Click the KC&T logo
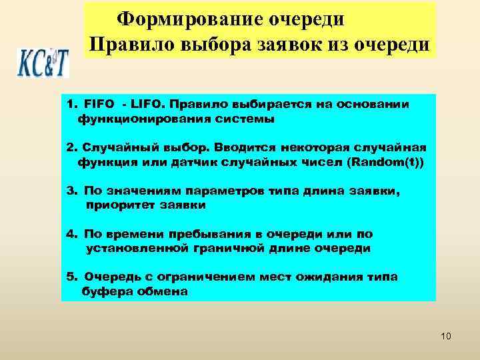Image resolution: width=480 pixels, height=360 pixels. tap(43, 62)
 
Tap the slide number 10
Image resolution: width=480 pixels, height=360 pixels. tap(446, 336)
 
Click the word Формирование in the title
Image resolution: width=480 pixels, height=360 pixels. tap(178, 18)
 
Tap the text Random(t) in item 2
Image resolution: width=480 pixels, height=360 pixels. tap(388, 162)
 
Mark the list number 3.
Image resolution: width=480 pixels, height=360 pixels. tap(71, 191)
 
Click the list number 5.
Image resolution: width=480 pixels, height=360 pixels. tap(71, 277)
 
